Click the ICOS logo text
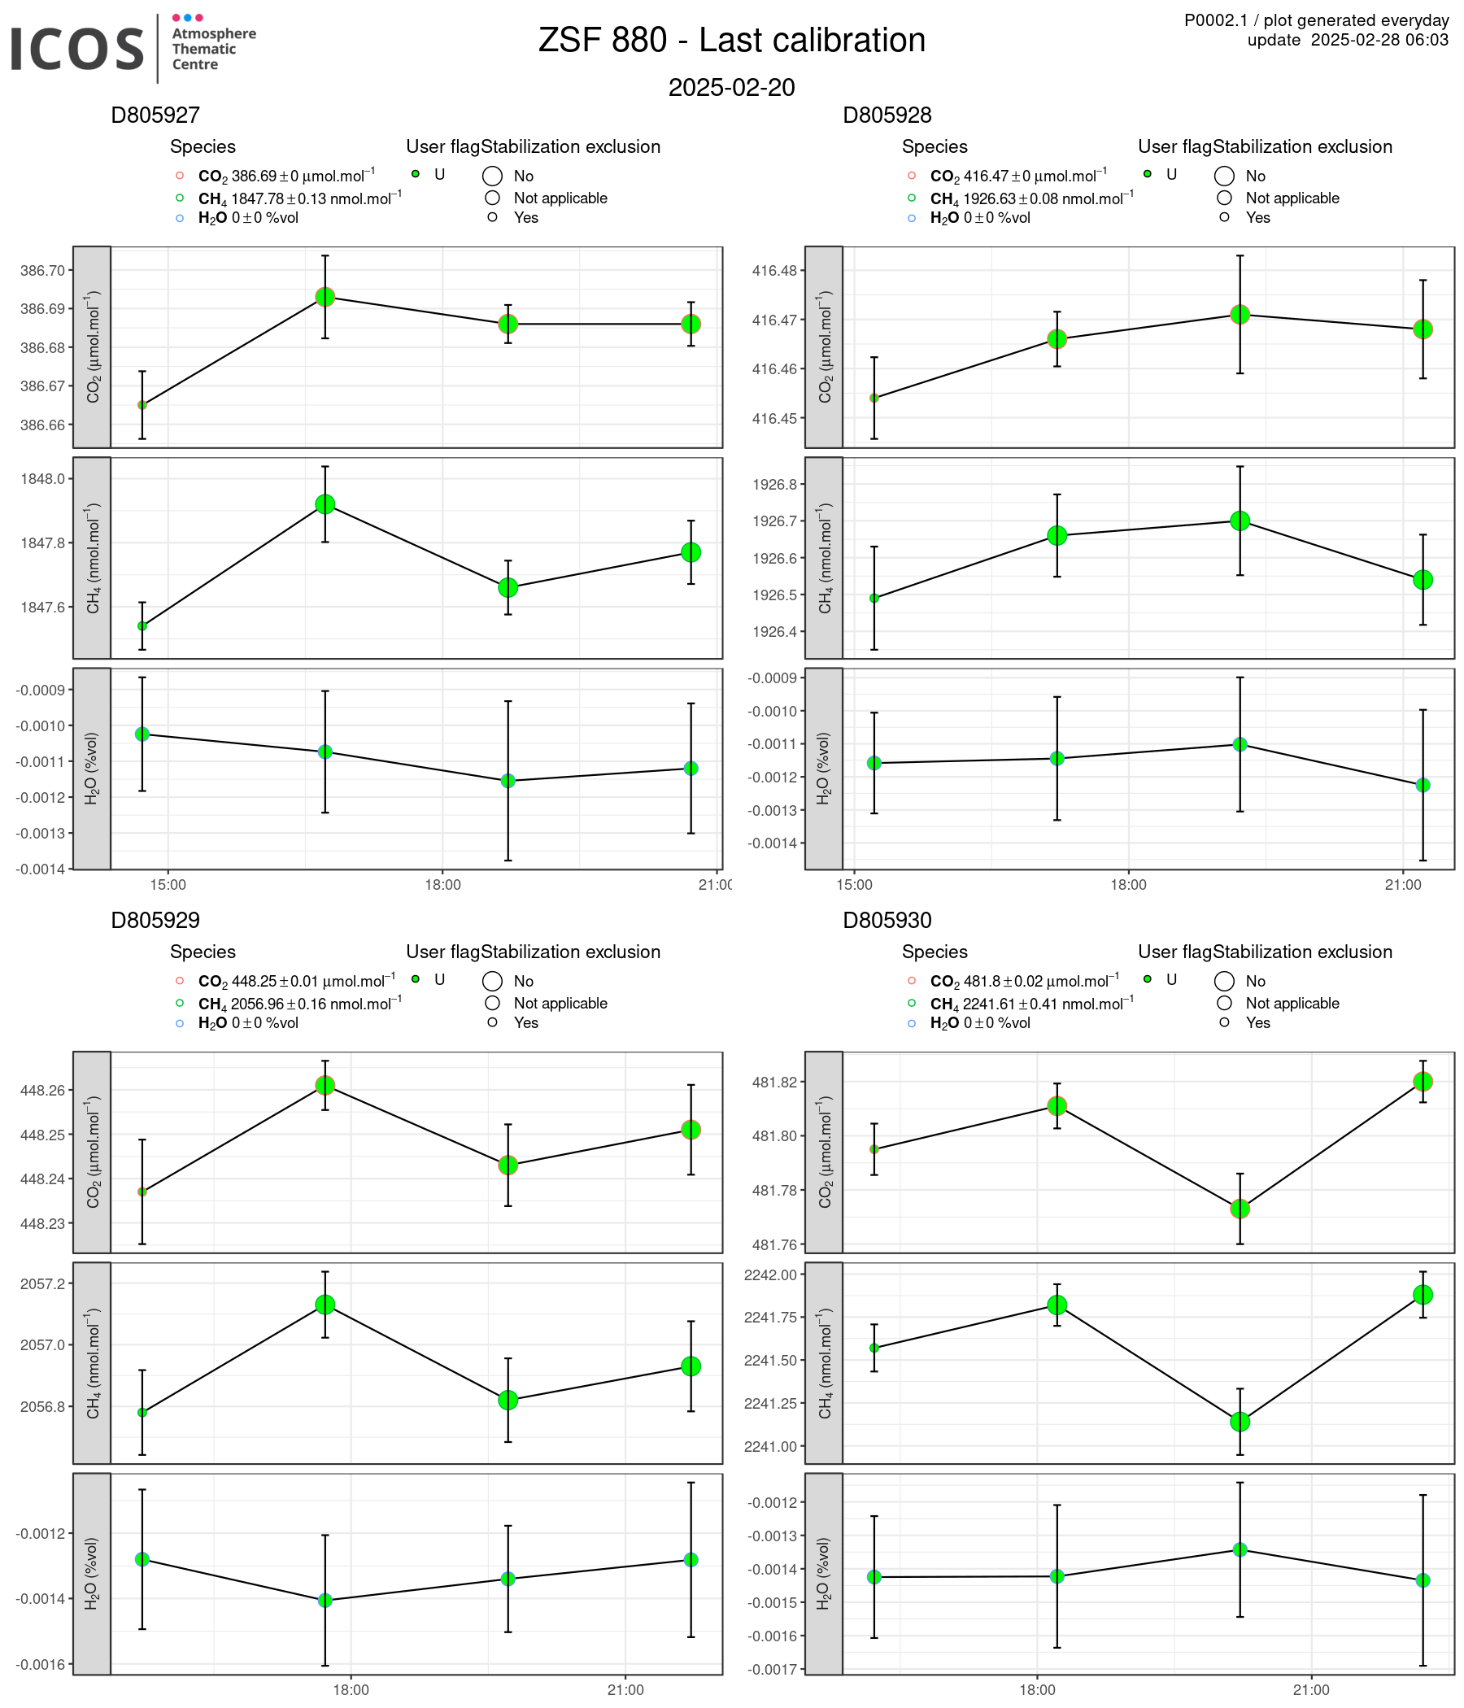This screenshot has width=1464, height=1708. pyautogui.click(x=77, y=49)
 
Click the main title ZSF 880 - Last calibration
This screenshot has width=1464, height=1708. pyautogui.click(x=731, y=41)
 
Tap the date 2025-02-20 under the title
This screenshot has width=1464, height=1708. pyautogui.click(x=731, y=87)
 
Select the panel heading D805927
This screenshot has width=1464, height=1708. pyautogui.click(x=155, y=115)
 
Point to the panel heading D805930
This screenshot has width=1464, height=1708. pyautogui.click(x=887, y=920)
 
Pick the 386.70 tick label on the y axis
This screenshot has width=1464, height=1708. pyautogui.click(x=47, y=270)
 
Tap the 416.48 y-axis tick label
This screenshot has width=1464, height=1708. pyautogui.click(x=779, y=270)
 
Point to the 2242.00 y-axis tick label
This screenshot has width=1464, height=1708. pyautogui.click(x=770, y=1275)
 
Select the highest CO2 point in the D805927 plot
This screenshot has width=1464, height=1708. pyautogui.click(x=325, y=297)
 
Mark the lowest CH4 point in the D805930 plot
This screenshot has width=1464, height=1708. pyautogui.click(x=1240, y=1422)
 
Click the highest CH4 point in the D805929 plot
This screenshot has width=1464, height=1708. pyautogui.click(x=325, y=1305)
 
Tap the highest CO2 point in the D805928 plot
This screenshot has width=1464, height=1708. pyautogui.click(x=1240, y=314)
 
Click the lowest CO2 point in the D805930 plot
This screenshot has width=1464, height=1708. pyautogui.click(x=1240, y=1209)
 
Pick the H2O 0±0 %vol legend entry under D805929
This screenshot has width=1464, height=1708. pyautogui.click(x=247, y=1023)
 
